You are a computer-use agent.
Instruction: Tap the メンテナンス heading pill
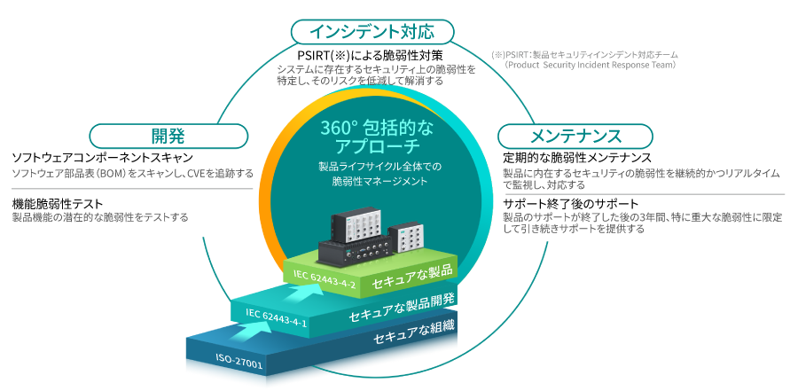pyautogui.click(x=575, y=137)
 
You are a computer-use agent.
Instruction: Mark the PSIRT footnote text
pyautogui.click(x=584, y=54)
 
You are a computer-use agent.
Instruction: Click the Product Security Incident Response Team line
pyautogui.click(x=591, y=65)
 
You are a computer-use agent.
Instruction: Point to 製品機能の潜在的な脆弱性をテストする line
pyautogui.click(x=100, y=216)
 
